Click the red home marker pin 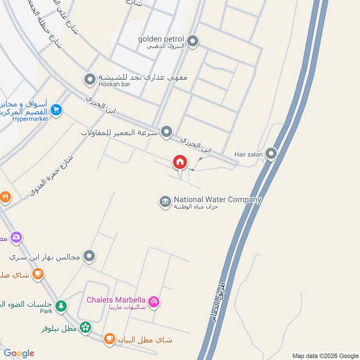tap(180, 162)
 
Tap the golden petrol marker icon tap(193, 42)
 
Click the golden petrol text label tap(162, 39)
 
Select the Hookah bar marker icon tap(90, 79)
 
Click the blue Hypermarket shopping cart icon tap(56, 110)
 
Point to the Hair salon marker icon tap(271, 154)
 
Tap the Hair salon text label tap(248, 154)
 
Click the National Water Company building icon tap(165, 202)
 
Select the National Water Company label tap(217, 199)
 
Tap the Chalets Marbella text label tap(116, 300)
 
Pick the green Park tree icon tap(61, 306)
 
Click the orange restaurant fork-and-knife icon tap(5, 197)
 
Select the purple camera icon tap(16, 237)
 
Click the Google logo tap(19, 353)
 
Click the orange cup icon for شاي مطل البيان tap(109, 339)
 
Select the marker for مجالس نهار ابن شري tap(90, 256)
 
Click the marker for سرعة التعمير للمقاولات tap(166, 132)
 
